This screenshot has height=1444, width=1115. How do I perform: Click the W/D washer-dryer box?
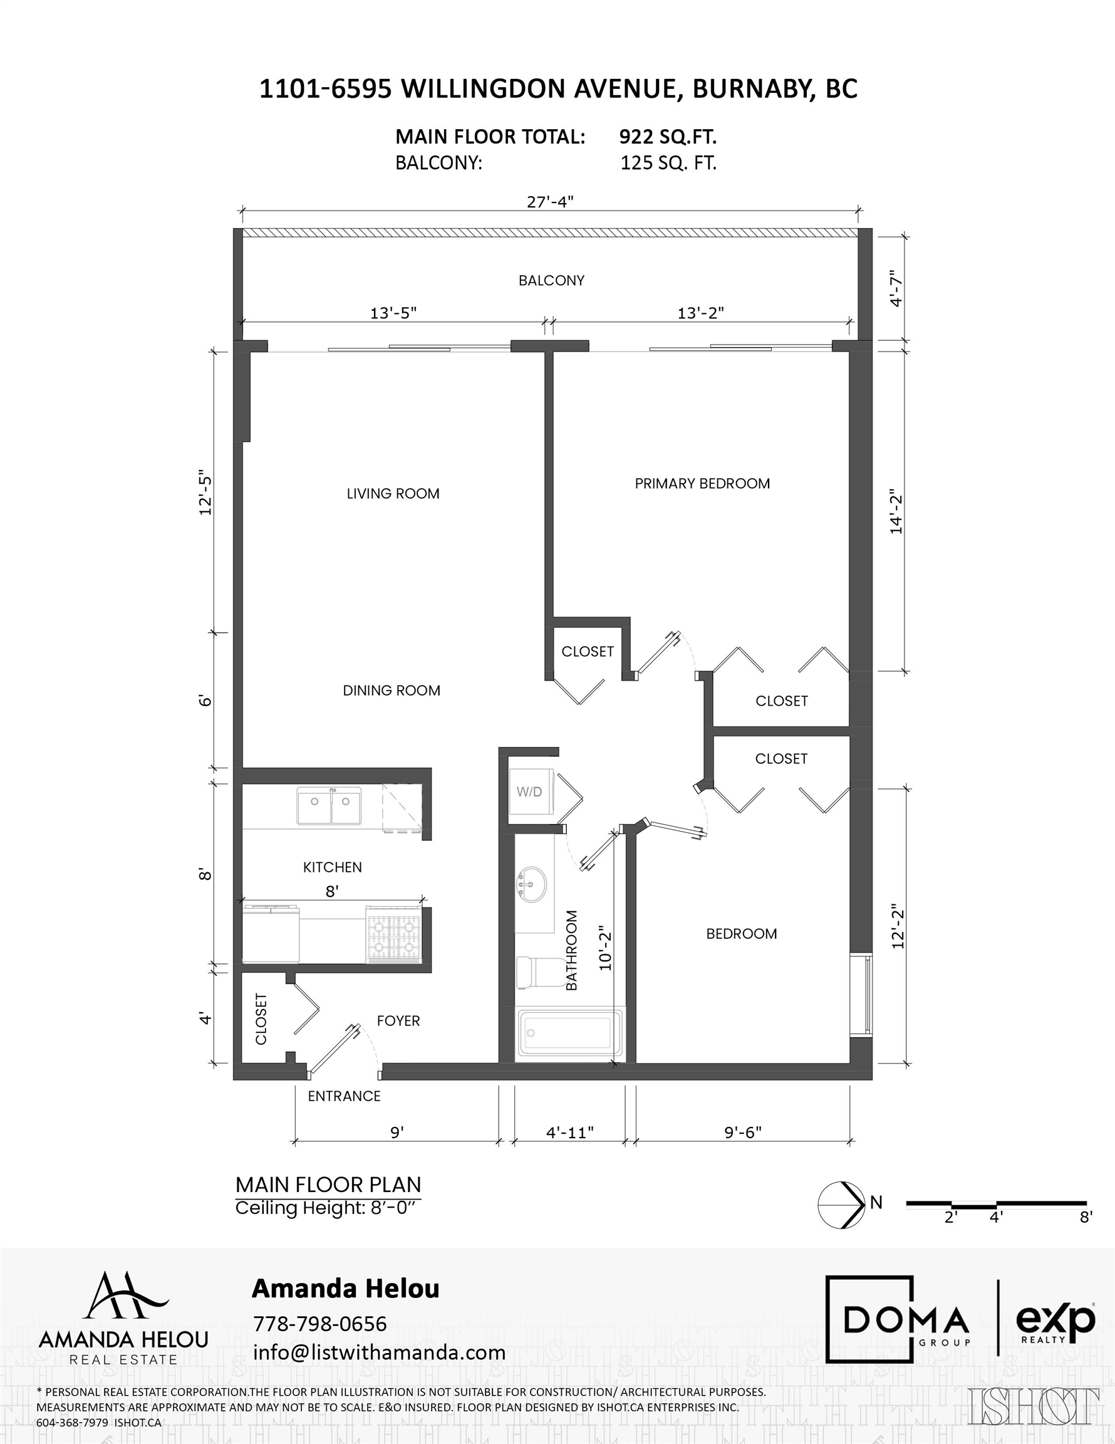tap(529, 792)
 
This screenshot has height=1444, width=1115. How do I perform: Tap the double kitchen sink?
tap(329, 806)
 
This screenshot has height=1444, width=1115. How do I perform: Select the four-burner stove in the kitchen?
tap(395, 934)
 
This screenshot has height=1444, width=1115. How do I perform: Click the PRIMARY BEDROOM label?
tap(702, 483)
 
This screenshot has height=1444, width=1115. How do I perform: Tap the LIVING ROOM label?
tap(393, 493)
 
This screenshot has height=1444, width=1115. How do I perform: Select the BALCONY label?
tap(551, 280)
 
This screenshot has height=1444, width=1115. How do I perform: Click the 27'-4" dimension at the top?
tap(550, 202)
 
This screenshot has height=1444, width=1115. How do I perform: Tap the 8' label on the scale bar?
tap(1086, 1216)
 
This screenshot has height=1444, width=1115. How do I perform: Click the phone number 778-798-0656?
tap(320, 1324)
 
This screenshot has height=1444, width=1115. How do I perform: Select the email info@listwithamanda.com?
tap(380, 1352)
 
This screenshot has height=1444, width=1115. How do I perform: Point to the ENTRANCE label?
tap(345, 1096)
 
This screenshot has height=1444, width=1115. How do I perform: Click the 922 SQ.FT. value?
tap(668, 137)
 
